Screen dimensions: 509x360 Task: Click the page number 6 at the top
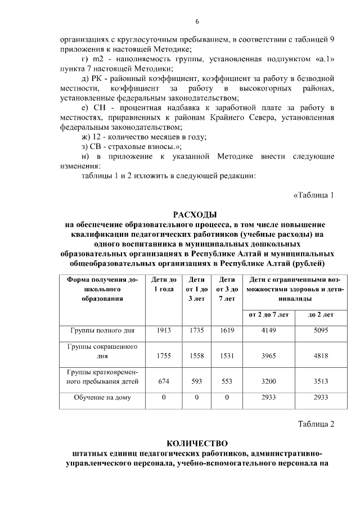click(197, 21)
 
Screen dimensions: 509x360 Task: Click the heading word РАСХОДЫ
click(195, 215)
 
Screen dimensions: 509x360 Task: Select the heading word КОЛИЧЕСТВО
click(195, 442)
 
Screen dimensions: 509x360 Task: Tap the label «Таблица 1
click(314, 196)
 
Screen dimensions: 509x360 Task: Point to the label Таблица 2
click(316, 424)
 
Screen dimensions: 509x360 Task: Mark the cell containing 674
click(164, 381)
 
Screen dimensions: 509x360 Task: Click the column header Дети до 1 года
click(164, 284)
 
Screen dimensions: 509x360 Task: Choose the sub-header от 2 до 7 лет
click(267, 314)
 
